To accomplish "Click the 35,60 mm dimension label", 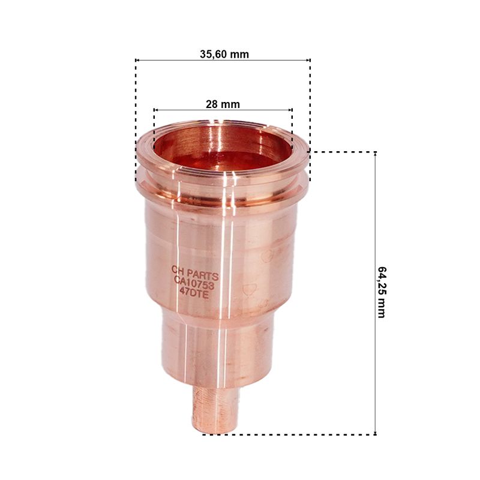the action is pos(224,55).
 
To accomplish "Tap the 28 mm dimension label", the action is pos(223,104).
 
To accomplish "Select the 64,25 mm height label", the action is pos(382,292).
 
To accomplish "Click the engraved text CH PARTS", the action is pos(195,273).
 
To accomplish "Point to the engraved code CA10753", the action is pos(194,283).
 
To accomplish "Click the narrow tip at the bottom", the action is pos(215,410).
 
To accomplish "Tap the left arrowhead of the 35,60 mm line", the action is pos(137,61).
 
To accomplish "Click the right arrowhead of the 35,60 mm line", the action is pos(308,61).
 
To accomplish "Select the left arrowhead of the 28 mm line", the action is pos(155,110).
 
